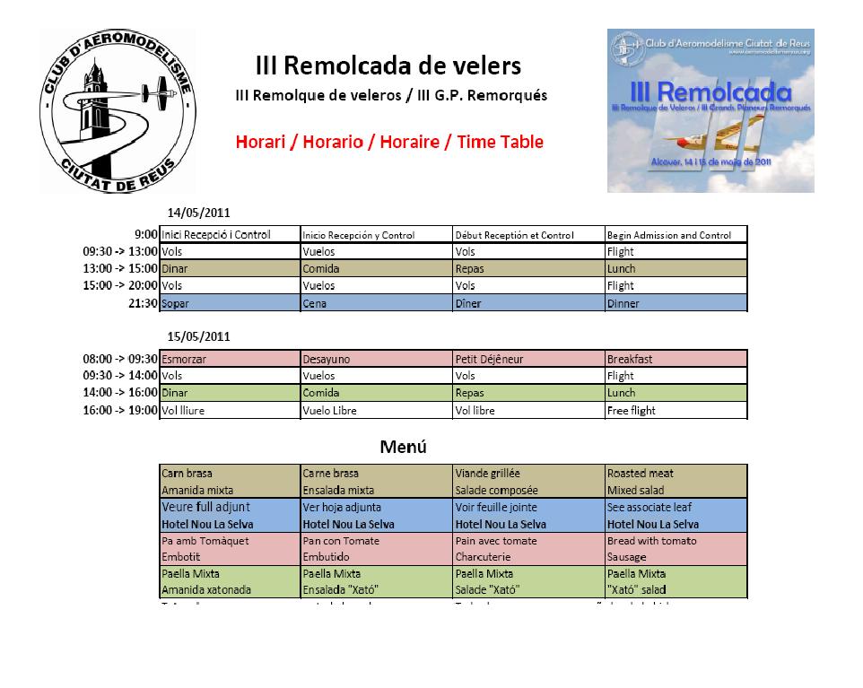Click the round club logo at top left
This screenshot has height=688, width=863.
click(x=117, y=112)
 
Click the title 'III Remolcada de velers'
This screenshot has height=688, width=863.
click(x=388, y=66)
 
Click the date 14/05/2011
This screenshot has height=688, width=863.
click(x=199, y=213)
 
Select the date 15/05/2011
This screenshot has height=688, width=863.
click(x=199, y=336)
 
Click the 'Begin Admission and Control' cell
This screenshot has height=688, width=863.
click(x=669, y=235)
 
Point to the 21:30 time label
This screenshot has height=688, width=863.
click(x=144, y=303)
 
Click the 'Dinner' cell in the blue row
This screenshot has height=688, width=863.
click(x=623, y=303)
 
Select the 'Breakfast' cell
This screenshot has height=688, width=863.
click(x=629, y=359)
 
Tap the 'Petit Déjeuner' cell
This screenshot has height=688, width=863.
click(x=489, y=359)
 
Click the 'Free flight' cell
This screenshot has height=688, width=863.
click(x=631, y=410)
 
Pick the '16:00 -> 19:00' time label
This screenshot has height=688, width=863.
click(x=120, y=410)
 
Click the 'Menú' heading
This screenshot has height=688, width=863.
click(x=403, y=446)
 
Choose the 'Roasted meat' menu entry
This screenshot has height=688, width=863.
click(x=640, y=473)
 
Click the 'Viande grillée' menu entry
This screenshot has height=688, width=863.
click(x=487, y=473)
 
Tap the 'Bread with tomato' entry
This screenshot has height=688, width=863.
click(x=651, y=541)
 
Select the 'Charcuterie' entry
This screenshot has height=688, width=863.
click(x=483, y=557)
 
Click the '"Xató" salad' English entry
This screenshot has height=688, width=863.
click(x=635, y=589)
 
